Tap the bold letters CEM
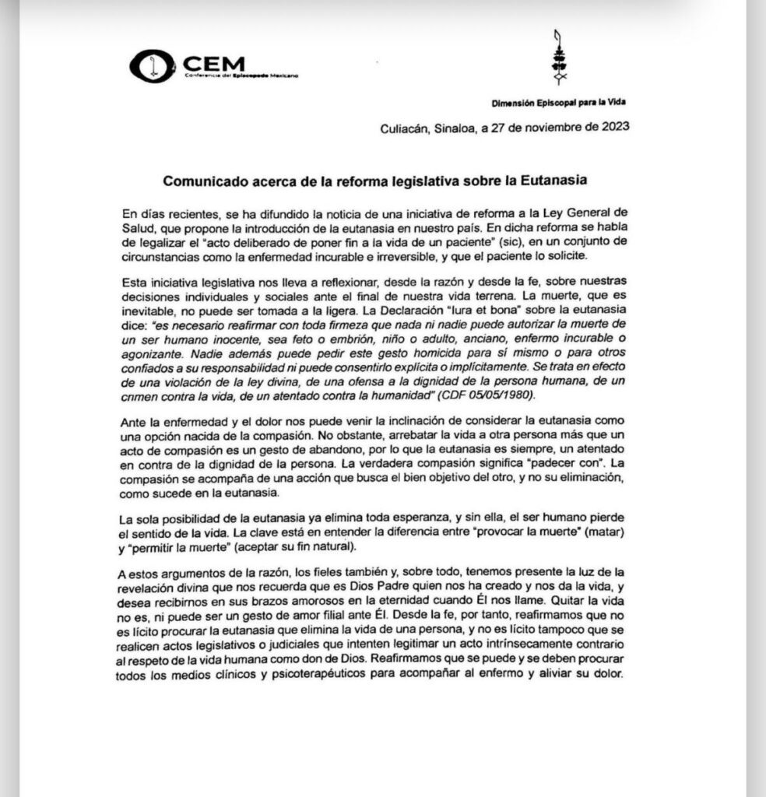point(214,62)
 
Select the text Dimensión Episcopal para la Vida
point(559,104)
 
